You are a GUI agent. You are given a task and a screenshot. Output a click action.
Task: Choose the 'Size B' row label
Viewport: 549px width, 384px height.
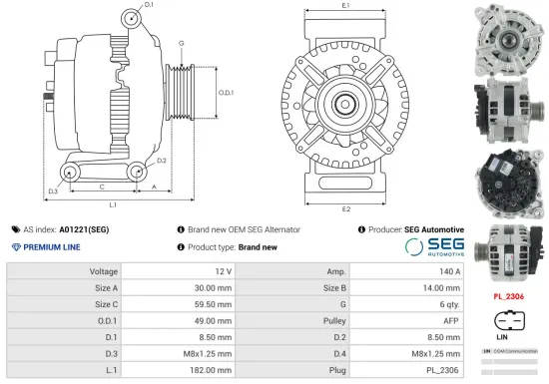pyautogui.click(x=334, y=287)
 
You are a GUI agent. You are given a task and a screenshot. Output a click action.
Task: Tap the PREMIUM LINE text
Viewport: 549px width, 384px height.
pyautogui.click(x=49, y=245)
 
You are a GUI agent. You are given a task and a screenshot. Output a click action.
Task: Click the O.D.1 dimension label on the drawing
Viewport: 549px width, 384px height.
pyautogui.click(x=226, y=92)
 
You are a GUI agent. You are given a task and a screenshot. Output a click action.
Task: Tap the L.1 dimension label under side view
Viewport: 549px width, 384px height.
pyautogui.click(x=113, y=204)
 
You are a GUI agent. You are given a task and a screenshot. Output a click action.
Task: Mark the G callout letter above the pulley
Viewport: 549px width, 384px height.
pyautogui.click(x=181, y=43)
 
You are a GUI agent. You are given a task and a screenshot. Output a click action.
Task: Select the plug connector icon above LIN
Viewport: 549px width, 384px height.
pyautogui.click(x=507, y=323)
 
